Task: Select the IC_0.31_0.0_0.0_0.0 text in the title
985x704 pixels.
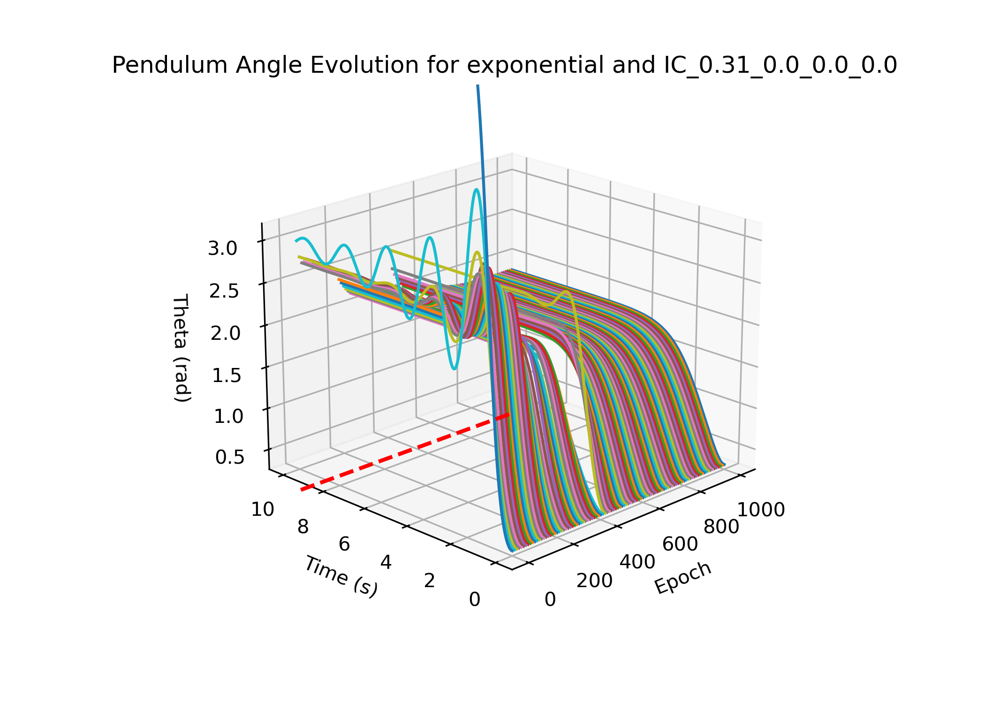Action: point(780,65)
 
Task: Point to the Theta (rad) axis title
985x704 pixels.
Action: point(182,348)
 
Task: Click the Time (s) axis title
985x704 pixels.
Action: point(341,576)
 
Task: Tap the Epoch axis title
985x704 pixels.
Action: point(683,578)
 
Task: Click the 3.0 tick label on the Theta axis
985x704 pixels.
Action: point(223,248)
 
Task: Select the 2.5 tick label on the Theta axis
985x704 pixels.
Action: point(224,291)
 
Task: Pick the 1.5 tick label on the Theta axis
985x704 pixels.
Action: point(227,375)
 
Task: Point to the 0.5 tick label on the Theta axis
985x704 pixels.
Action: point(230,457)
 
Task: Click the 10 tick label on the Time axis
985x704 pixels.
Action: point(263,510)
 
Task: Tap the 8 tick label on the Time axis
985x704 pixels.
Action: point(303,527)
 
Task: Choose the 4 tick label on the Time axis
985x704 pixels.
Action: point(386,562)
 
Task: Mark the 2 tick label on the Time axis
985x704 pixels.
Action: point(430,581)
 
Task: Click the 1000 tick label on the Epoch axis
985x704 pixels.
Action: point(761,510)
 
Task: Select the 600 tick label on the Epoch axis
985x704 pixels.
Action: point(680,544)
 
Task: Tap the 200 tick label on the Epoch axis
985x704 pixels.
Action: point(594,581)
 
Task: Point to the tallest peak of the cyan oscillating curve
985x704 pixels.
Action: point(476,190)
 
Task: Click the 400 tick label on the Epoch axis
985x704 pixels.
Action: point(637,562)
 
